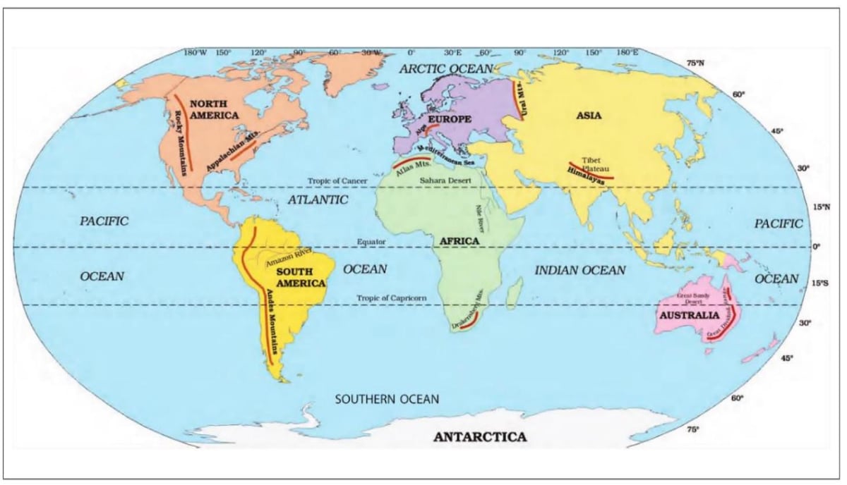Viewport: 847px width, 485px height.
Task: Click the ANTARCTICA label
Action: point(480,437)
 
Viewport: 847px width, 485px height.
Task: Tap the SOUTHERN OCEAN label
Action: point(386,400)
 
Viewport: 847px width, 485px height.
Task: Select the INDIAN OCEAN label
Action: point(579,270)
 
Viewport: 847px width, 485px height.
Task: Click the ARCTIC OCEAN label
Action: point(444,68)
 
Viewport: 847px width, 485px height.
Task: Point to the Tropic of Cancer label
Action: point(337,181)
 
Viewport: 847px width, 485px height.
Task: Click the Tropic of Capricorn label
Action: point(392,298)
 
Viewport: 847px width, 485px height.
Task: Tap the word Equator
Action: point(371,242)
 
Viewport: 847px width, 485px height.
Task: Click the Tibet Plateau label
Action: point(591,165)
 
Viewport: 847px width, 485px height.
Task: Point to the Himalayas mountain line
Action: point(590,172)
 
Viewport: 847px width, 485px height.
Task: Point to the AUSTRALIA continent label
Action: point(688,315)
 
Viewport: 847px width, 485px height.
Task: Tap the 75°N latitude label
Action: point(695,63)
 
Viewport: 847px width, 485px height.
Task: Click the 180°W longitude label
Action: point(195,53)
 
